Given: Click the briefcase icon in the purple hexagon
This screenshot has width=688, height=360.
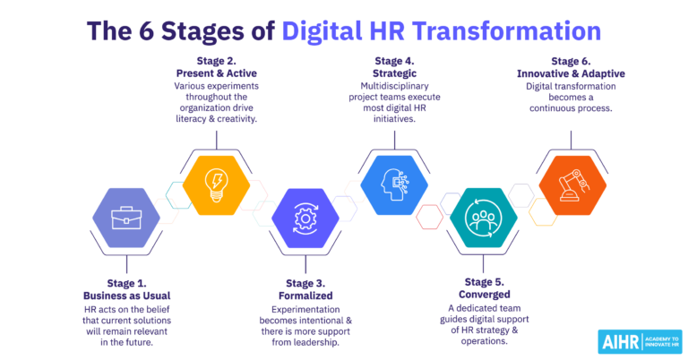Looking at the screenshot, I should [126, 217].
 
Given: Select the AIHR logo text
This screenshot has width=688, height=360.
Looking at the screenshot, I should [615, 342].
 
